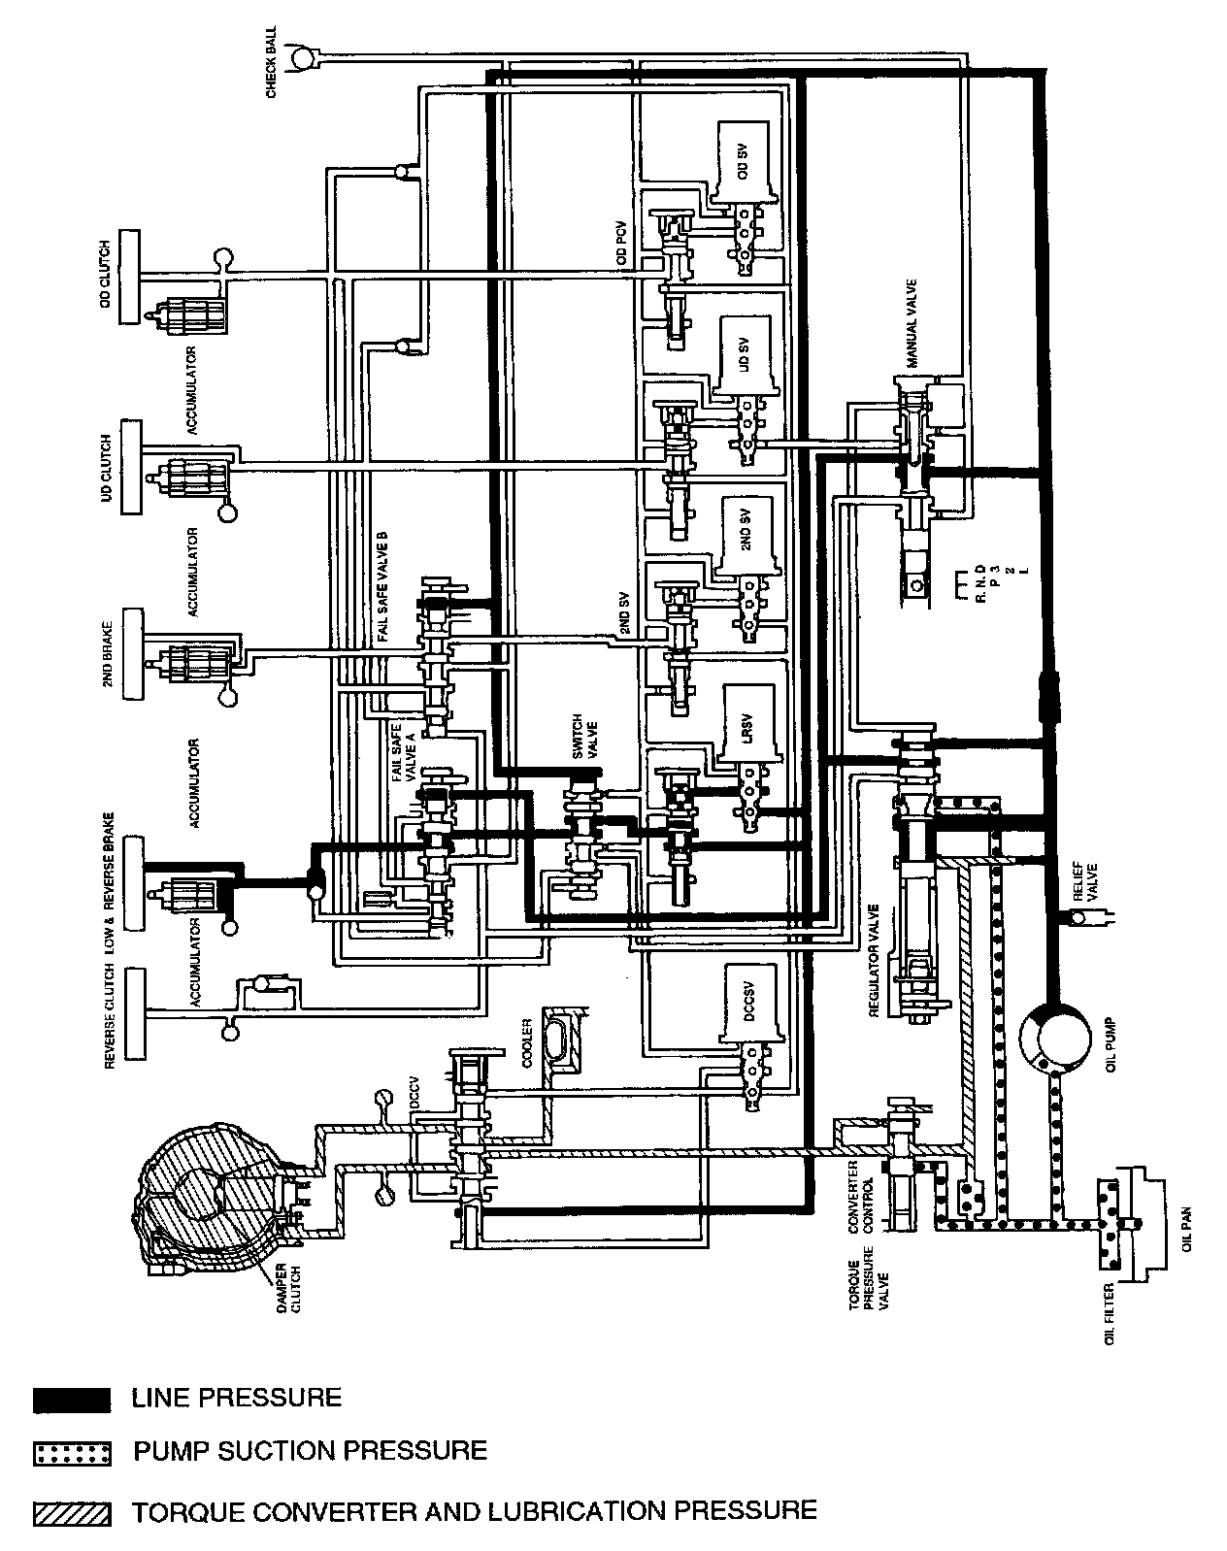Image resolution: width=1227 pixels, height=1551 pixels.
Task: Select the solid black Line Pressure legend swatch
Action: (71, 1400)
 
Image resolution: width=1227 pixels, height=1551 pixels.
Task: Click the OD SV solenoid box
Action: (743, 159)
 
